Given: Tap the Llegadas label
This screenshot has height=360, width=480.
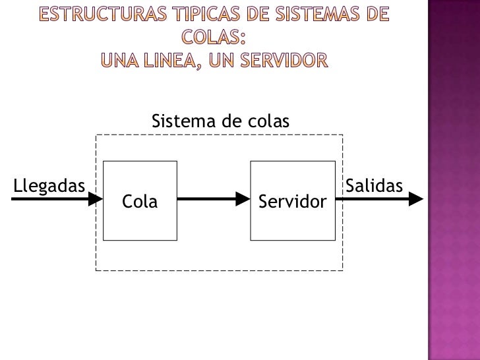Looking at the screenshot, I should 49,185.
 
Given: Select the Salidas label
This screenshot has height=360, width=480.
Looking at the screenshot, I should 374,185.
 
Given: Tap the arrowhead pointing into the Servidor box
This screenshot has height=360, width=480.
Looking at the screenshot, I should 244,198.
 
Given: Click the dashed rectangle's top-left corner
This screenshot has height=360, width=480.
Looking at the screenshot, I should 97,135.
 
